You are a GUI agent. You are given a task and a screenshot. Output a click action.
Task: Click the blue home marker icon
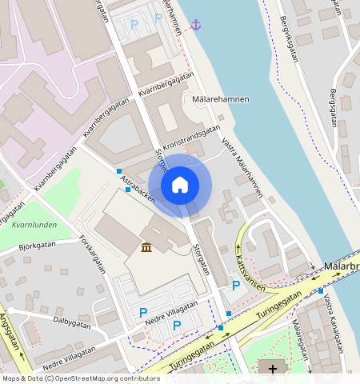180,185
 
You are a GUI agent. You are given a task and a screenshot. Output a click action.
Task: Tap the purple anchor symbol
196,25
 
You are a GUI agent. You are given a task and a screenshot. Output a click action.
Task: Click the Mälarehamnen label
221,99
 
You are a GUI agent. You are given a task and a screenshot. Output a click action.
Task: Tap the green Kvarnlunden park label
34,225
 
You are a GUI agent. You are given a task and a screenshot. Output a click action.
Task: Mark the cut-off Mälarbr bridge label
342,265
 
